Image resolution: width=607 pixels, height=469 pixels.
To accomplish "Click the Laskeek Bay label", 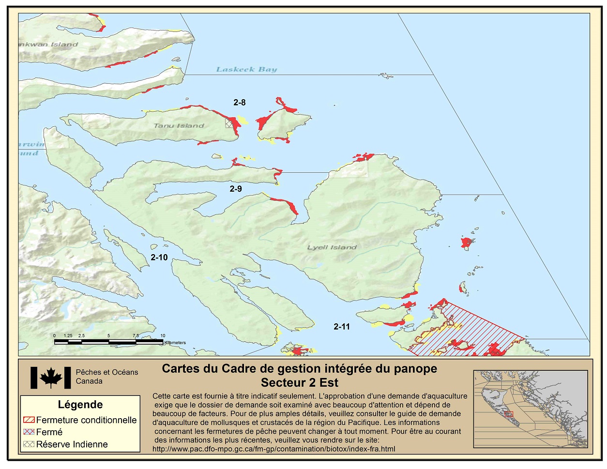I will coord(246,69).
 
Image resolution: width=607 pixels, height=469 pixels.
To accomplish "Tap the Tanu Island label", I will coord(179,125).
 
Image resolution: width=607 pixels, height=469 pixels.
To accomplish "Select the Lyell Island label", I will coord(332,247).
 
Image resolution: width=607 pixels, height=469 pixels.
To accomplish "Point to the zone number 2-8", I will coord(239,102).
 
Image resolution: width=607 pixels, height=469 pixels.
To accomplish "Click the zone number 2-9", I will coord(236,189).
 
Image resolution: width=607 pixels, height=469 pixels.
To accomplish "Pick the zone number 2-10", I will coord(159,257).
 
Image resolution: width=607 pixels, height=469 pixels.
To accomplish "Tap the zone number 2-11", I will coord(341,327).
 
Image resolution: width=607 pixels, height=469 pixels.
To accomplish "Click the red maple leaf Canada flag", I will coord(50,378).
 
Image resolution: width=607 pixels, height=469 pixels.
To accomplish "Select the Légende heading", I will coord(80,405).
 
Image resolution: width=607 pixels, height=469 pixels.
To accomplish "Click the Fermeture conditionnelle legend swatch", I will coord(29,420).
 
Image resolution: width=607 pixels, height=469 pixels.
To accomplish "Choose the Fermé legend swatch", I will coord(29,432).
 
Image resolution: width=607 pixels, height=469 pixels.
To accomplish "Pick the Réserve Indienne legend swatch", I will coord(29,444).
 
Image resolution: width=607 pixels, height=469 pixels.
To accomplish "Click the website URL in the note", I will coord(273,449).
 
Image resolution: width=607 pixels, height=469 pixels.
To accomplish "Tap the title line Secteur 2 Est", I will coord(299,383).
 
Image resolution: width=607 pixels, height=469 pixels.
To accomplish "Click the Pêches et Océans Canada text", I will coord(106,377).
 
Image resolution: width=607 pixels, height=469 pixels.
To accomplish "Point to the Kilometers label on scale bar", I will coord(175,343).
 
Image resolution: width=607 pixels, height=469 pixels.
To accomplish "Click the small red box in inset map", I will coord(508,414).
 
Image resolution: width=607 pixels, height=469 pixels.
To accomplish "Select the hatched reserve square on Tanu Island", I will coord(229,124).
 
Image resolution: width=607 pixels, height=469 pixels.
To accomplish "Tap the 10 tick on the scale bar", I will coord(163,335).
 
